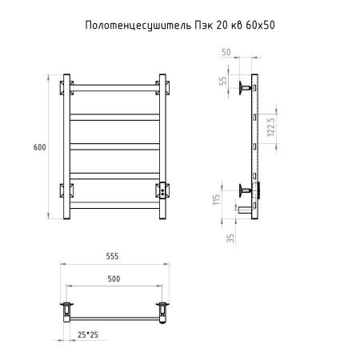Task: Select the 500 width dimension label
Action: pyautogui.click(x=113, y=278)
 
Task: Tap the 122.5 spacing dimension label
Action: pyautogui.click(x=273, y=126)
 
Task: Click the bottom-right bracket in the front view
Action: pyautogui.click(x=163, y=190)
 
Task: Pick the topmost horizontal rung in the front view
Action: pyautogui.click(x=114, y=90)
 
